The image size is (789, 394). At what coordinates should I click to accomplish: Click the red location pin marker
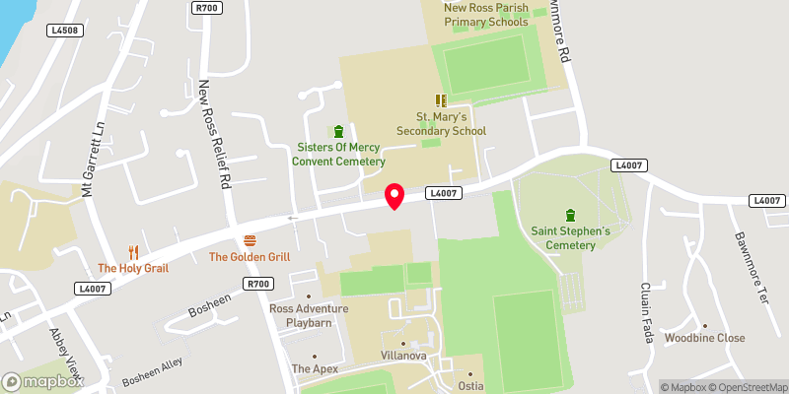pyautogui.click(x=394, y=195)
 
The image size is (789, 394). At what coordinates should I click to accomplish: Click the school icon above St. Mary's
pyautogui.click(x=441, y=100)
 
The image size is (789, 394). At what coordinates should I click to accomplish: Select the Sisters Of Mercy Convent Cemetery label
pyautogui.click(x=341, y=155)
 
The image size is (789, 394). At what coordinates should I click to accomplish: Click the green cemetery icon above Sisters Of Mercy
pyautogui.click(x=339, y=131)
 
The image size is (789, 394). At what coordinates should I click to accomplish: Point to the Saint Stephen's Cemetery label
pyautogui.click(x=570, y=237)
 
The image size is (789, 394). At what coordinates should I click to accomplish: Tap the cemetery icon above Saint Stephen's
pyautogui.click(x=570, y=215)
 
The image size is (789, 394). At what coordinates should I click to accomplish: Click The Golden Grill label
pyautogui.click(x=250, y=257)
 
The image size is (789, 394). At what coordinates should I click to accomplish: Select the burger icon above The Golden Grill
pyautogui.click(x=250, y=240)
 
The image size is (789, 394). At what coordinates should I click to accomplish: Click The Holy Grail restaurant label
pyautogui.click(x=133, y=268)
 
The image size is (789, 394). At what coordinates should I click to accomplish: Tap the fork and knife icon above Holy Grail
pyautogui.click(x=133, y=251)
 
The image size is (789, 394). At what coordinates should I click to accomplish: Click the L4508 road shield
pyautogui.click(x=64, y=31)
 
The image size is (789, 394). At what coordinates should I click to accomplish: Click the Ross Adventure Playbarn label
pyautogui.click(x=309, y=315)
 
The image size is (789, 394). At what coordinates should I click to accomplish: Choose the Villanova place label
pyautogui.click(x=402, y=354)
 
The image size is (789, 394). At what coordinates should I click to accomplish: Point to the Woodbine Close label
pyautogui.click(x=704, y=338)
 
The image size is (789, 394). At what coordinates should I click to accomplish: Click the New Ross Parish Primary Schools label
pyautogui.click(x=486, y=14)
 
